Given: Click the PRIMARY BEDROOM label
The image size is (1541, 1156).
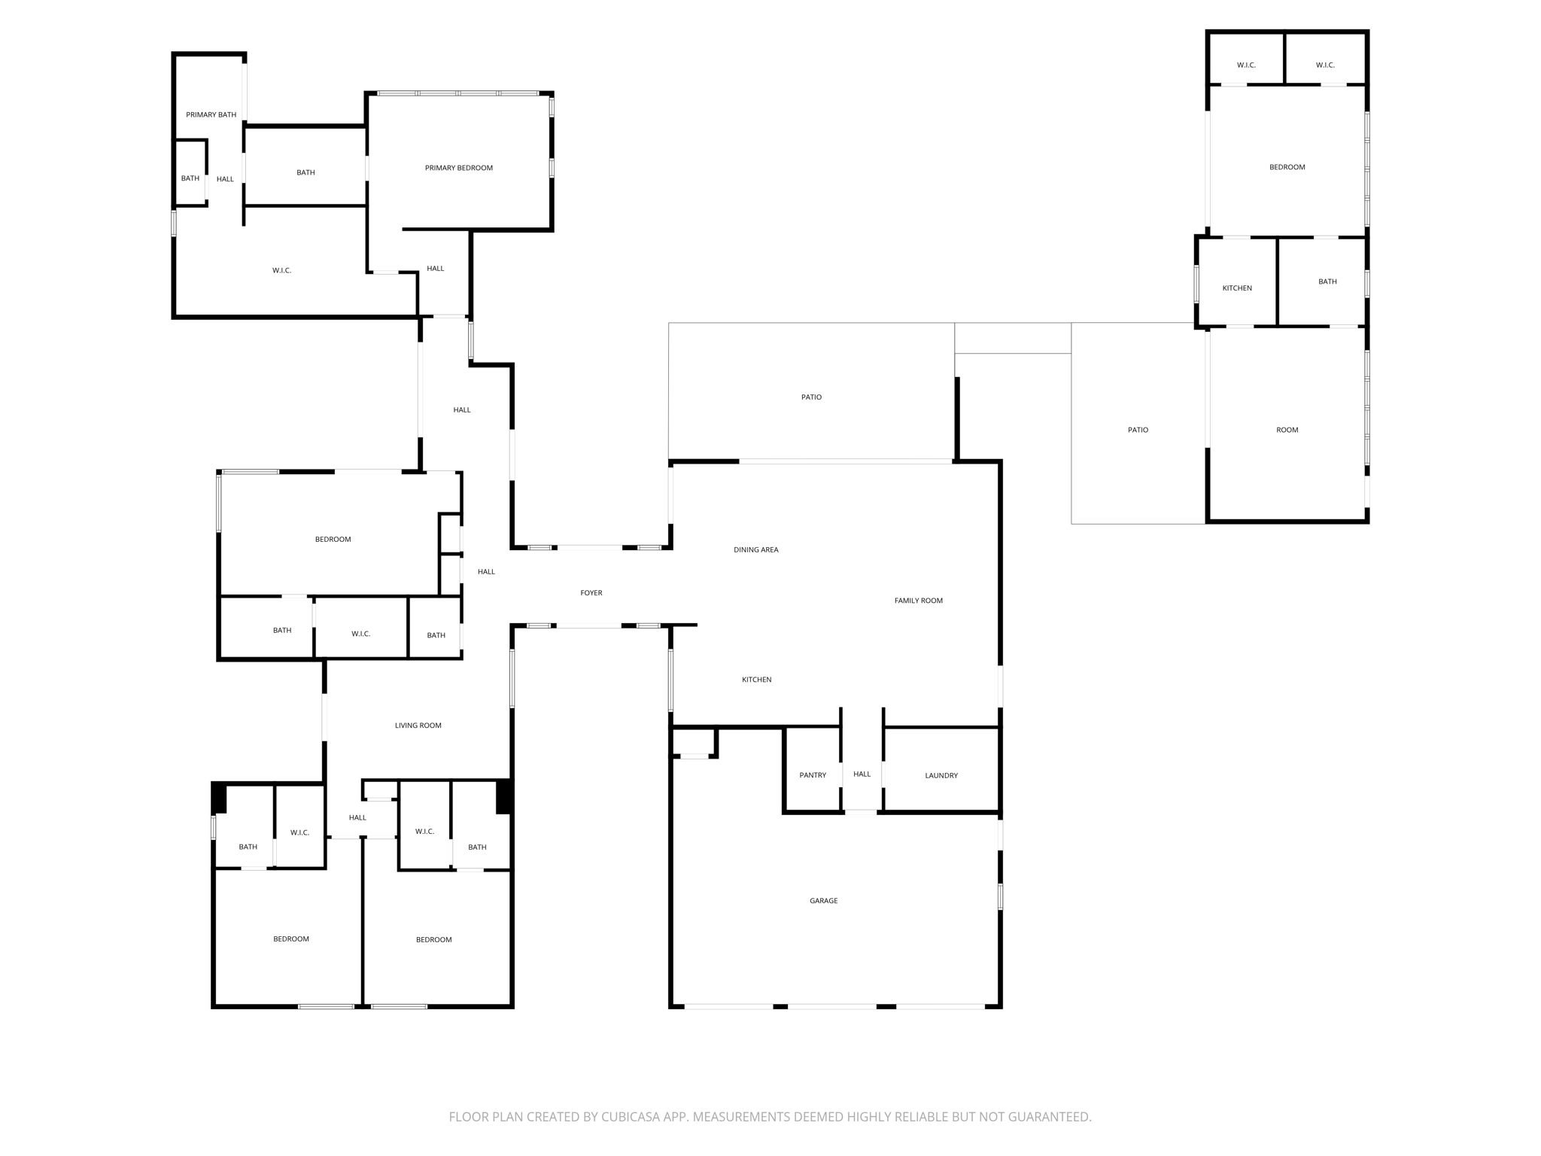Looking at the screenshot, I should tap(458, 168).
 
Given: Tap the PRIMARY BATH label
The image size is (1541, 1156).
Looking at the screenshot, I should tap(211, 115).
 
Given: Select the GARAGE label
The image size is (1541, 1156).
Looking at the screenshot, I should tap(823, 901).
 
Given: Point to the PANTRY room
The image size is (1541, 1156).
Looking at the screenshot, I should tap(813, 775).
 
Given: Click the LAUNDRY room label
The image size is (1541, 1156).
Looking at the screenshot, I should tap(941, 775).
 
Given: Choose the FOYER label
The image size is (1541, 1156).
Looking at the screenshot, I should tap(591, 593).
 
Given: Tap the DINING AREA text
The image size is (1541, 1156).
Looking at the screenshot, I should tap(755, 550).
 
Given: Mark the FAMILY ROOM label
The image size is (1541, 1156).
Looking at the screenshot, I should tap(918, 601).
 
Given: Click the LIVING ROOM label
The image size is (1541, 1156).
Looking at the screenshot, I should tap(418, 726).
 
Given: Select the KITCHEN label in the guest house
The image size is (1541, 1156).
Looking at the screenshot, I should tap(1237, 288).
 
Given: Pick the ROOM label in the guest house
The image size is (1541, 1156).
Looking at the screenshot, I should tap(1287, 430).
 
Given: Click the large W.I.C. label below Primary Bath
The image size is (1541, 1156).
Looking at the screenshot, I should tap(281, 271).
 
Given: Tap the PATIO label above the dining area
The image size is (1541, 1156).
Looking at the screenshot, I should tap(811, 397).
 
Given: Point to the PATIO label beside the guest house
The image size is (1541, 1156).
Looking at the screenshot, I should tap(1138, 430).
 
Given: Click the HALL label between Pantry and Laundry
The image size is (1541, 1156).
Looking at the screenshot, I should tap(862, 774).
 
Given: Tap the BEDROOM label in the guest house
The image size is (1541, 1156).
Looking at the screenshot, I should tap(1287, 167).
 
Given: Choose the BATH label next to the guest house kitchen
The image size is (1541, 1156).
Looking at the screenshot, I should tap(1327, 281).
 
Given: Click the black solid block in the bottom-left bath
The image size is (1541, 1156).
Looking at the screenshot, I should tap(219, 798).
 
